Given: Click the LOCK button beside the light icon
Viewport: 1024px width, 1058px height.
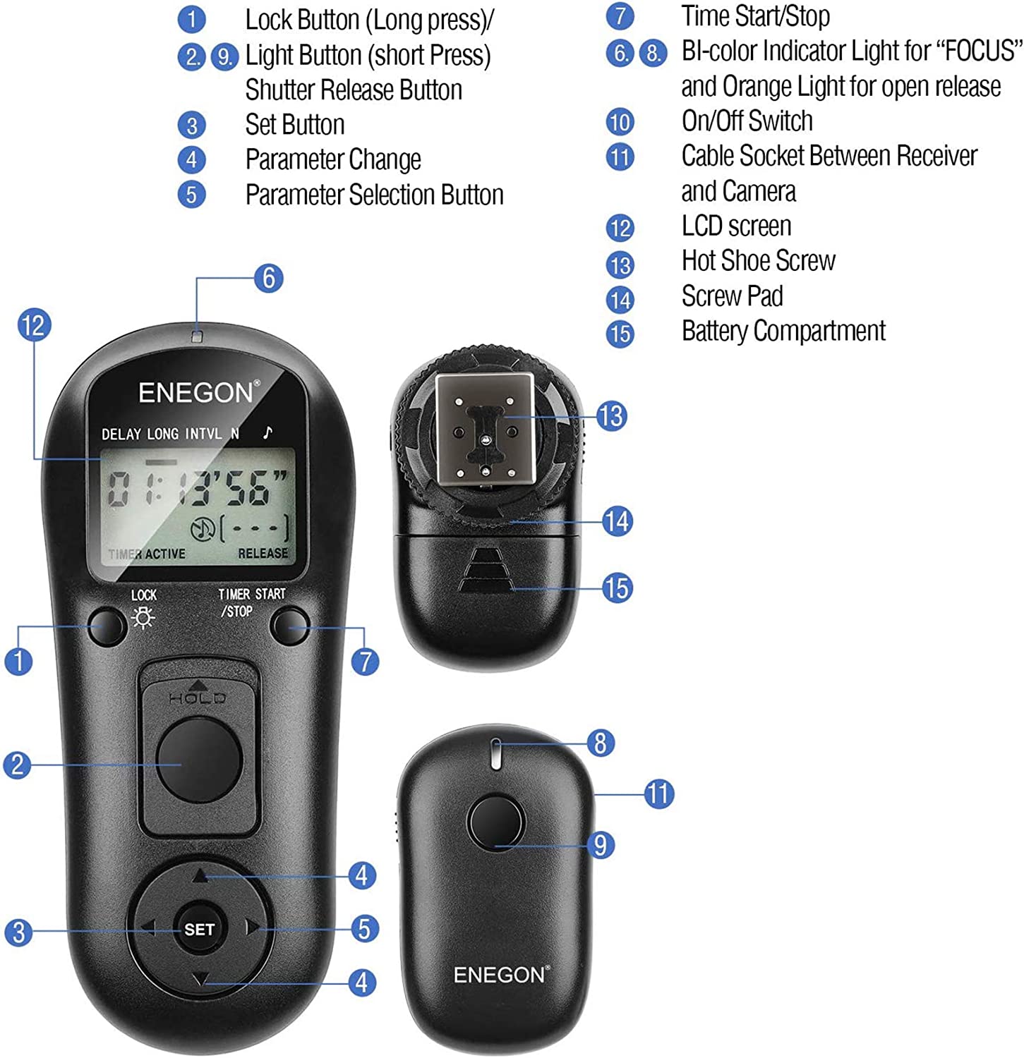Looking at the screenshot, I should click(108, 625).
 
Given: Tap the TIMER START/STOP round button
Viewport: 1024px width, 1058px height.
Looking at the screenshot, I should click(290, 626).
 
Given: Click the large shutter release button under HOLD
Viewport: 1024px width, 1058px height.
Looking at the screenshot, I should click(199, 760).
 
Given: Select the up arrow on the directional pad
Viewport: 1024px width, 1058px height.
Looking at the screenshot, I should click(200, 875).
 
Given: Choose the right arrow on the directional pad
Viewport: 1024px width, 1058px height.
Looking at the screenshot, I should click(252, 928).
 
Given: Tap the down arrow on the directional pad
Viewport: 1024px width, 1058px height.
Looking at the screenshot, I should click(200, 980).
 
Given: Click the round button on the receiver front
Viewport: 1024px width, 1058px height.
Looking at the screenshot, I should click(495, 822).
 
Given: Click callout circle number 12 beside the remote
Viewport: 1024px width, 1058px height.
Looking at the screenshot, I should click(34, 326).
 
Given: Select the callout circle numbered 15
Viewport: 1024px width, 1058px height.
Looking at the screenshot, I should click(618, 588).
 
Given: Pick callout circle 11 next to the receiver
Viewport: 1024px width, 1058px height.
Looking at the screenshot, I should click(659, 793).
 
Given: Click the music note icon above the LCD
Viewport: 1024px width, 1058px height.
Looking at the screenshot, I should click(267, 432).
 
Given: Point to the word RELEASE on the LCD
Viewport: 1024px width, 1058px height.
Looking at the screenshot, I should click(263, 554).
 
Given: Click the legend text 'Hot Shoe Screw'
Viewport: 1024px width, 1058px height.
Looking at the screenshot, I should click(758, 261).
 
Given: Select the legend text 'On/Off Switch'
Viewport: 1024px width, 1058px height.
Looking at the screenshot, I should click(747, 121).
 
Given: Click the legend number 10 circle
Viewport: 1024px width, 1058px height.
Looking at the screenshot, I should click(620, 122).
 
